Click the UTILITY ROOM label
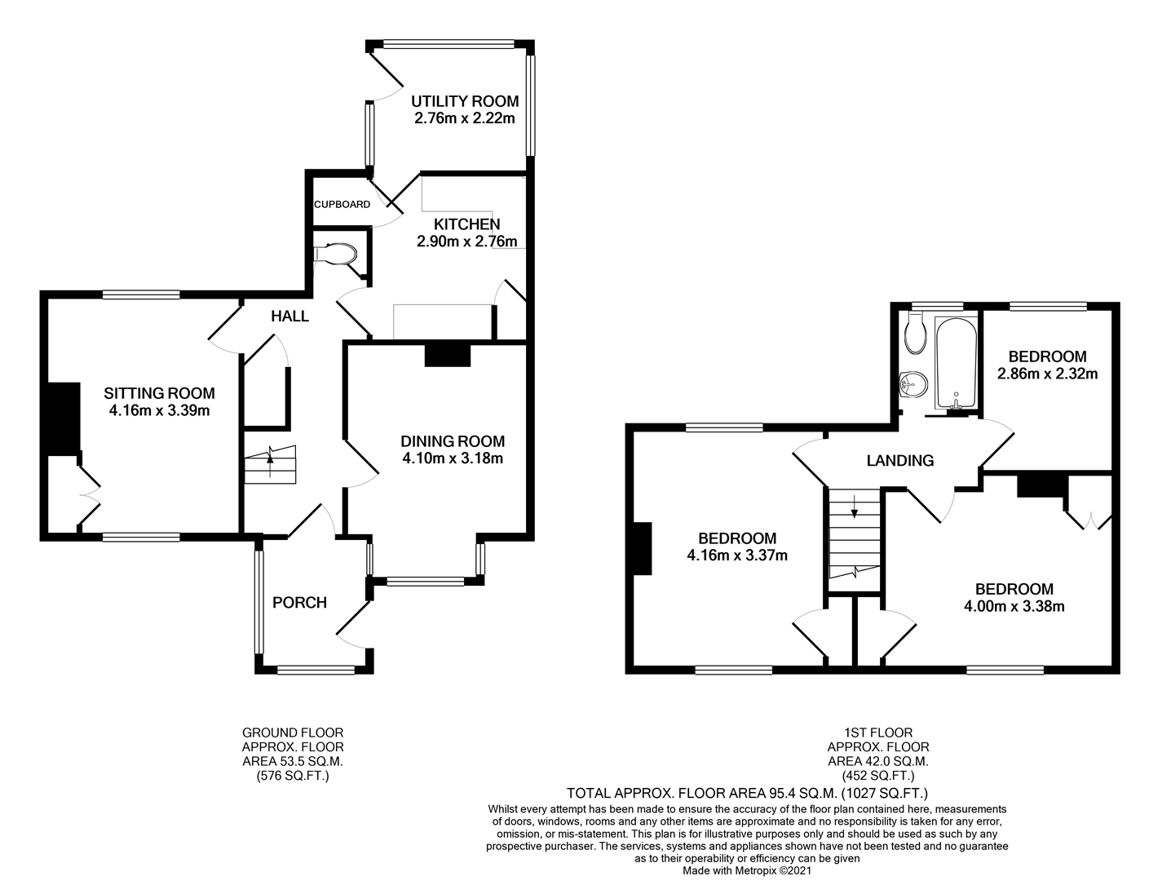pyautogui.click(x=465, y=101)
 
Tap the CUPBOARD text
pyautogui.click(x=342, y=205)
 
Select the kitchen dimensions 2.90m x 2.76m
pyautogui.click(x=466, y=241)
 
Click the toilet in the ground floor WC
pyautogui.click(x=336, y=254)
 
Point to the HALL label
pyautogui.click(x=289, y=317)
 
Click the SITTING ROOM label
pyautogui.click(x=159, y=393)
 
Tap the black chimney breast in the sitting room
pyautogui.click(x=64, y=419)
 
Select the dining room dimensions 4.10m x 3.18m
pyautogui.click(x=453, y=458)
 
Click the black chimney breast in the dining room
pyautogui.click(x=448, y=356)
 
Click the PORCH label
pyautogui.click(x=299, y=603)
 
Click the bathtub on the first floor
pyautogui.click(x=956, y=365)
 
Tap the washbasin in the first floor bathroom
pyautogui.click(x=913, y=384)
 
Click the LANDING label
pyautogui.click(x=900, y=461)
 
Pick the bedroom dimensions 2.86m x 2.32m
pyautogui.click(x=1047, y=374)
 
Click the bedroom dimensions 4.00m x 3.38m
pyautogui.click(x=1014, y=606)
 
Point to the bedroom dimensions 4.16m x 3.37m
pyautogui.click(x=737, y=556)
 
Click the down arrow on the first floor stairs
pyautogui.click(x=854, y=507)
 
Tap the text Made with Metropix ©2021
pyautogui.click(x=747, y=871)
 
